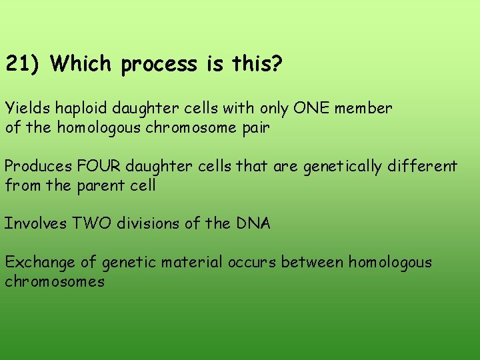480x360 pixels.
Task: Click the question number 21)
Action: tap(23, 65)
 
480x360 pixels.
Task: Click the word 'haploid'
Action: tap(73, 108)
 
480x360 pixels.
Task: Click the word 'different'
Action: tap(424, 166)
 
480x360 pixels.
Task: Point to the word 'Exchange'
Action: tap(37, 262)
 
